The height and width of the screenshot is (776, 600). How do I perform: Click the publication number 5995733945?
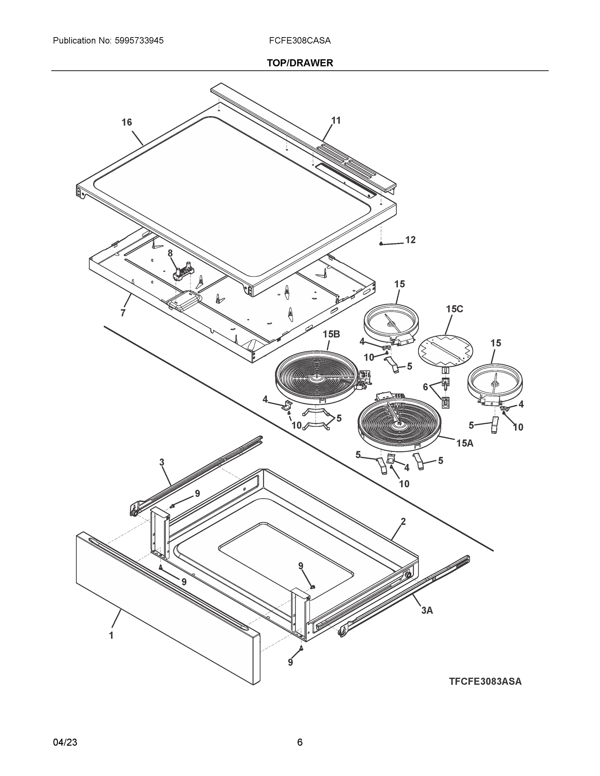pos(139,40)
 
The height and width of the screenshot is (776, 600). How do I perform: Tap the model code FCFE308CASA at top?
pos(300,40)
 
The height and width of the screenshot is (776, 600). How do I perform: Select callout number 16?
pos(126,122)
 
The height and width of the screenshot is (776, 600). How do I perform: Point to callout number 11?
pos(335,121)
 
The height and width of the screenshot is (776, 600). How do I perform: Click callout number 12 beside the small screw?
pos(410,240)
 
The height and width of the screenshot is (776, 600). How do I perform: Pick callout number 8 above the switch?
pos(170,253)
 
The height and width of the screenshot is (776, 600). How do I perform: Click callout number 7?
pos(123,313)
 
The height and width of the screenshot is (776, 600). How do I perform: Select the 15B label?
pos(331,334)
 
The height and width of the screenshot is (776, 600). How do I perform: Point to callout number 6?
pos(425,387)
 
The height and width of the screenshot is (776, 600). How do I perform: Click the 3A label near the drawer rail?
pos(427,610)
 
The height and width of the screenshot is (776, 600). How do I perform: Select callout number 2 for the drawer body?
pos(403,522)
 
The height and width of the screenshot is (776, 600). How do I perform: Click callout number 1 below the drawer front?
pos(111,635)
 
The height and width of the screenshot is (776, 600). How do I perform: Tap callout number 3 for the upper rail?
pos(162,462)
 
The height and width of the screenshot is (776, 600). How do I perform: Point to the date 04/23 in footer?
pos(65,742)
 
